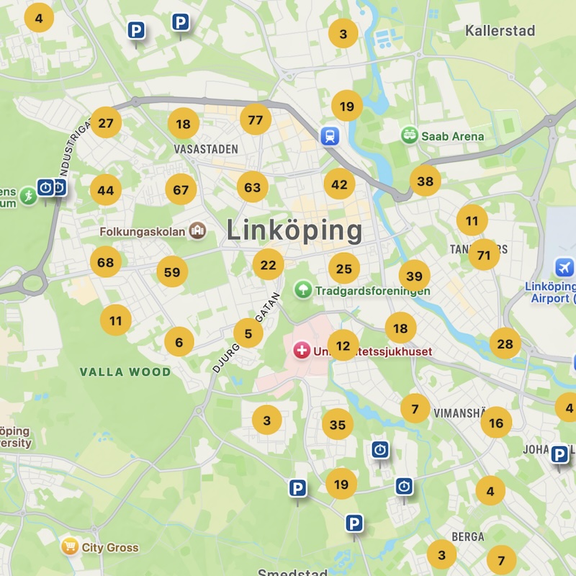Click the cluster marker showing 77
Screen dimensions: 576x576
256,120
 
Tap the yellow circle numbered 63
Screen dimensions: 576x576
253,187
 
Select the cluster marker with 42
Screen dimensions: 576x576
339,184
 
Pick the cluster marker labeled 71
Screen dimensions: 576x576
484,255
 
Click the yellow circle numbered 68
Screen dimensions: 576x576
106,262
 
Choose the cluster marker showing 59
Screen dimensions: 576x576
172,272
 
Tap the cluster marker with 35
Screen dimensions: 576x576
338,425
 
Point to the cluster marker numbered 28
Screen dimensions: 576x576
505,343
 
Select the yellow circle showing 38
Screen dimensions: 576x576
426,181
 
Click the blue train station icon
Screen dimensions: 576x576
330,135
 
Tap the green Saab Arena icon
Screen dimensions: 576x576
410,135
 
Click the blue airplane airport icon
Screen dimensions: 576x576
564,268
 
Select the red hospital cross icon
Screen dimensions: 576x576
302,351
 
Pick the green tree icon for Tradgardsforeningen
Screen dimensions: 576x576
303,289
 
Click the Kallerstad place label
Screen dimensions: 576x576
500,31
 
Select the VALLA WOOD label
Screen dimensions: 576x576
125,372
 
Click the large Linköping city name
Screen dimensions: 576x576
294,230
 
